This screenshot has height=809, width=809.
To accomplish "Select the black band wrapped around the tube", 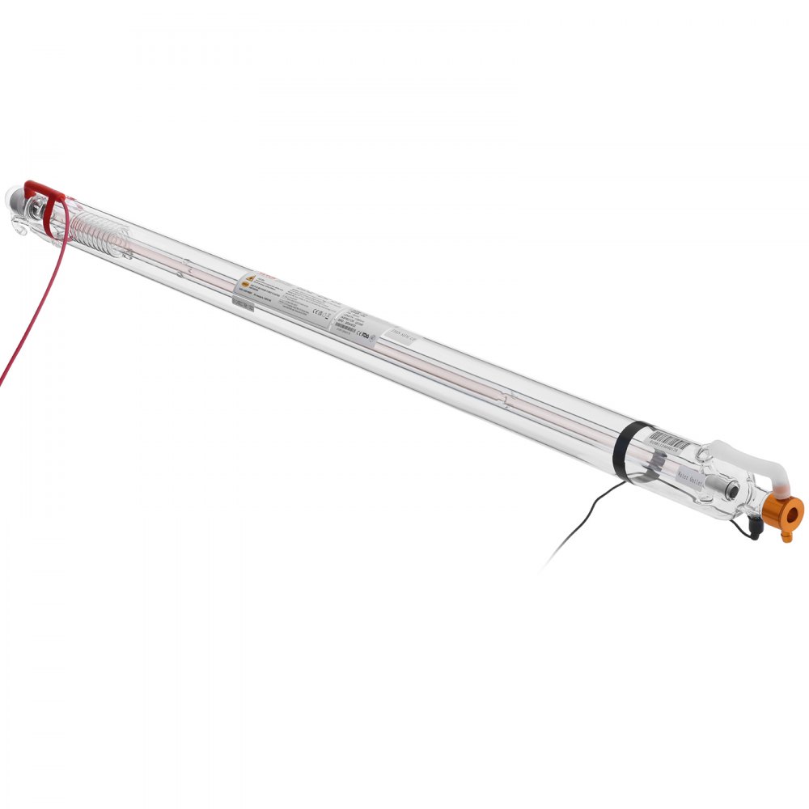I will click(x=622, y=453).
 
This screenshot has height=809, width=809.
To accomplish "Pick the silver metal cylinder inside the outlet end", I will click(x=731, y=489).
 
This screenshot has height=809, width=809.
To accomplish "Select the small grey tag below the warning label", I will click(x=241, y=303).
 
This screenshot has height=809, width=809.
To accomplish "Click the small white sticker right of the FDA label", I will click(x=402, y=334).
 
